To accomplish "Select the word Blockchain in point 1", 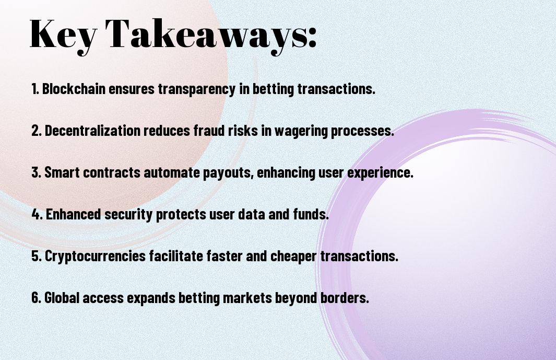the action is pyautogui.click(x=74, y=89).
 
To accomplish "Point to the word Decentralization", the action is pyautogui.click(x=92, y=131).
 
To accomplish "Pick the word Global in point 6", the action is pyautogui.click(x=62, y=297).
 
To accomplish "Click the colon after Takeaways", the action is pyautogui.click(x=312, y=38).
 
